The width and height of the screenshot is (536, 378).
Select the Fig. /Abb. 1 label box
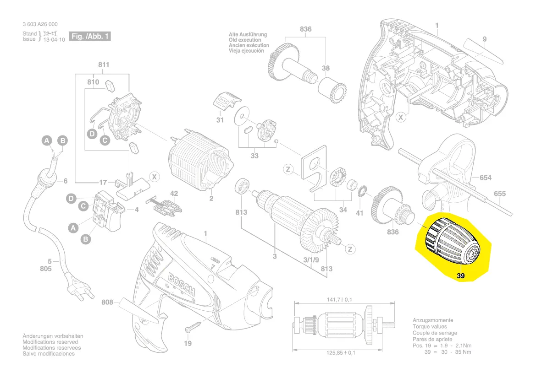click(x=89, y=36)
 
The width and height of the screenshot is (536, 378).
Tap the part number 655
click(x=499, y=194)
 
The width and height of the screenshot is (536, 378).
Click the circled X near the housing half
click(x=401, y=118)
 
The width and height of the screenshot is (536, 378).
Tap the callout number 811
click(x=104, y=65)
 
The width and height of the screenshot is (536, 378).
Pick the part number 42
click(x=174, y=193)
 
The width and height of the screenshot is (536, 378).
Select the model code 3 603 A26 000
click(x=40, y=24)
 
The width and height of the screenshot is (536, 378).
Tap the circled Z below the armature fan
click(x=350, y=249)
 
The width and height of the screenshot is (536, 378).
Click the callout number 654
click(x=486, y=177)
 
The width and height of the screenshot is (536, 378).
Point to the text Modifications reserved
click(x=50, y=342)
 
